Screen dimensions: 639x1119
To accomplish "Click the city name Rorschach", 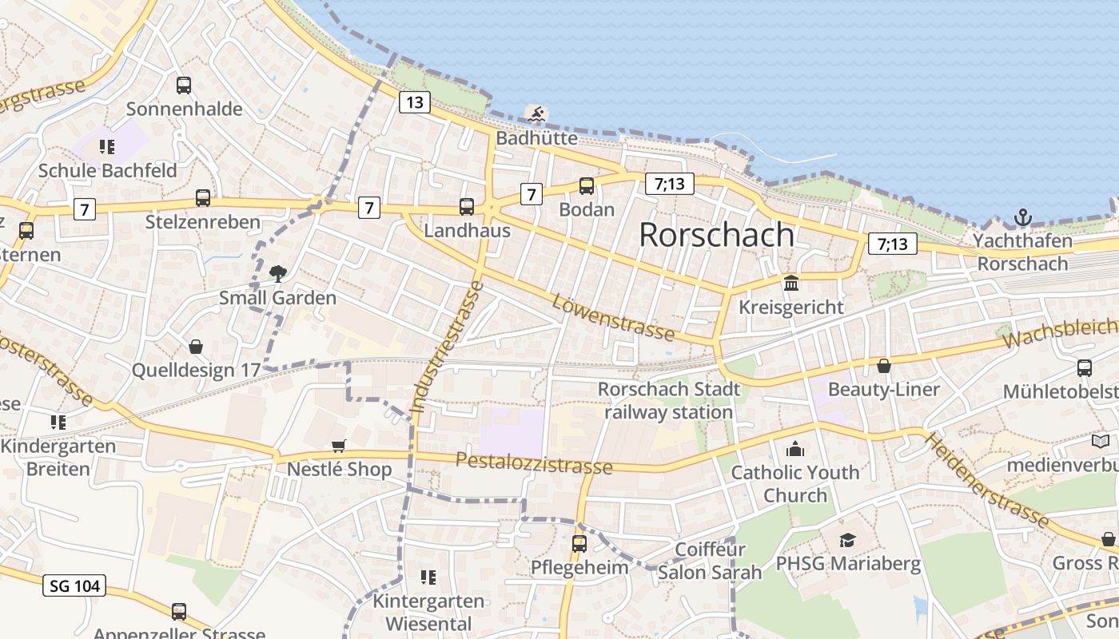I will pyautogui.click(x=717, y=234).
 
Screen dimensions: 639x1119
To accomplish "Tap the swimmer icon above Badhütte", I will pyautogui.click(x=537, y=114).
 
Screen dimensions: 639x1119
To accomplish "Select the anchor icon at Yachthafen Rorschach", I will pyautogui.click(x=1022, y=216).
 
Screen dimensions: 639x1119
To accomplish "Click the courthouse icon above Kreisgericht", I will pyautogui.click(x=791, y=283).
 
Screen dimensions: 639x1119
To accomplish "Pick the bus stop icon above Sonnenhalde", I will pyautogui.click(x=184, y=85).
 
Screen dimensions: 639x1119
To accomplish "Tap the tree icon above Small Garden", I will pyautogui.click(x=278, y=274).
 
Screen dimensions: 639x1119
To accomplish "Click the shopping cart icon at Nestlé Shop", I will pyautogui.click(x=339, y=446).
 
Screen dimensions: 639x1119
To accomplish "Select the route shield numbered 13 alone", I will pyautogui.click(x=413, y=102).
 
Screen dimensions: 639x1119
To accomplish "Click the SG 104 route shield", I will pyautogui.click(x=74, y=585).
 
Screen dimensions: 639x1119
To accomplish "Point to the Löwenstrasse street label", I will pyautogui.click(x=613, y=316).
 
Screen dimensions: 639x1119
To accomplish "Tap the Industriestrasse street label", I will pyautogui.click(x=448, y=347).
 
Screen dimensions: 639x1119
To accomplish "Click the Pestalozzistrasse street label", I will pyautogui.click(x=534, y=463).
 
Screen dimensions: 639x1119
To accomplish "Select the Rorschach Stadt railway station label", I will pyautogui.click(x=669, y=401).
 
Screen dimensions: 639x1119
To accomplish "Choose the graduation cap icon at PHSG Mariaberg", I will pyautogui.click(x=847, y=541).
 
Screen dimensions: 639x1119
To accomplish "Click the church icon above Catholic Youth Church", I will pyautogui.click(x=795, y=449).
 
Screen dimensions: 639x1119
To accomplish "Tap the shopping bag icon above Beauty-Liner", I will pyautogui.click(x=884, y=366).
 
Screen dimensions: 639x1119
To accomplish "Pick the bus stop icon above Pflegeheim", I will pyautogui.click(x=579, y=544).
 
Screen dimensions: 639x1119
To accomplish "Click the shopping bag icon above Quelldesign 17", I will pyautogui.click(x=196, y=347).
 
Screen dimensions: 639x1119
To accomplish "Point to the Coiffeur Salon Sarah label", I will pyautogui.click(x=710, y=561).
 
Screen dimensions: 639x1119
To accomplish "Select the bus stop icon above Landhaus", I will pyautogui.click(x=467, y=207).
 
